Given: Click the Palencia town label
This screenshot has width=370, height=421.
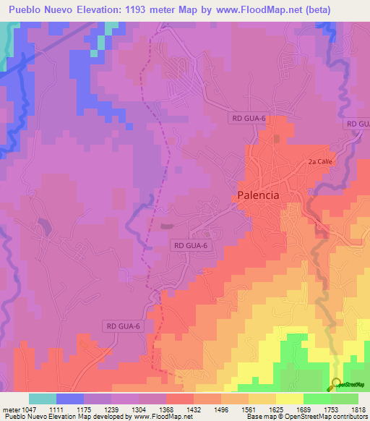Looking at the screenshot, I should [x=258, y=195].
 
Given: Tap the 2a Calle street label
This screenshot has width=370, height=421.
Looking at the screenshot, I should [x=319, y=162].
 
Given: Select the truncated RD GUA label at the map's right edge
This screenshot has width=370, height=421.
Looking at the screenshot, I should [x=358, y=124].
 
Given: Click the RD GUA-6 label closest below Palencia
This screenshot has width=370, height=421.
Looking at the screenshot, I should [x=192, y=246].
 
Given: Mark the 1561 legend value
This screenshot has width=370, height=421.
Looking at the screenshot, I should [x=261, y=410].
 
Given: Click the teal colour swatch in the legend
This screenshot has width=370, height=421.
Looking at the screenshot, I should [x=43, y=399].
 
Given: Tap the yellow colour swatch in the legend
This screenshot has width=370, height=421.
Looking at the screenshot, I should [x=290, y=399].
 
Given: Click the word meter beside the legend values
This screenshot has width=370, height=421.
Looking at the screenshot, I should [x=9, y=410].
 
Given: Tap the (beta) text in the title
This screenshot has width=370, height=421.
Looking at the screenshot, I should [x=348, y=9].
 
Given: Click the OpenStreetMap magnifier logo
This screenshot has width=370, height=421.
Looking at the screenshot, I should [x=337, y=383].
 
